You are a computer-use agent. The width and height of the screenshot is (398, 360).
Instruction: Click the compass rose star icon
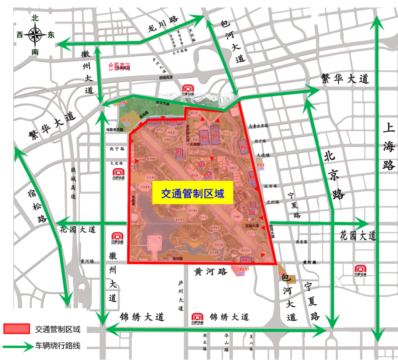tap(35, 35)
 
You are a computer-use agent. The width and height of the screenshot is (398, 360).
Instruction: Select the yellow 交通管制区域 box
tap(193, 193)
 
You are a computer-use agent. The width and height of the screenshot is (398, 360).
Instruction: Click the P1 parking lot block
tap(205, 137)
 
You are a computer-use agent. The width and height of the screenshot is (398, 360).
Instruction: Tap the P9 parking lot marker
tap(245, 261)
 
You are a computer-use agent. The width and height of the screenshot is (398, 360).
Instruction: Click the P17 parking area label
tap(126, 121)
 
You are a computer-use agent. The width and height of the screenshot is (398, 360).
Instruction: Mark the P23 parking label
tap(261, 165)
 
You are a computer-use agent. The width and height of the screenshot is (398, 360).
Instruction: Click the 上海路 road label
tap(389, 147)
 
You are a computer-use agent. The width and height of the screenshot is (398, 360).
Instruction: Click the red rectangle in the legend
tap(17, 329)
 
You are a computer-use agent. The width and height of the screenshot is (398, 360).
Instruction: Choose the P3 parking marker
tap(179, 154)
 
